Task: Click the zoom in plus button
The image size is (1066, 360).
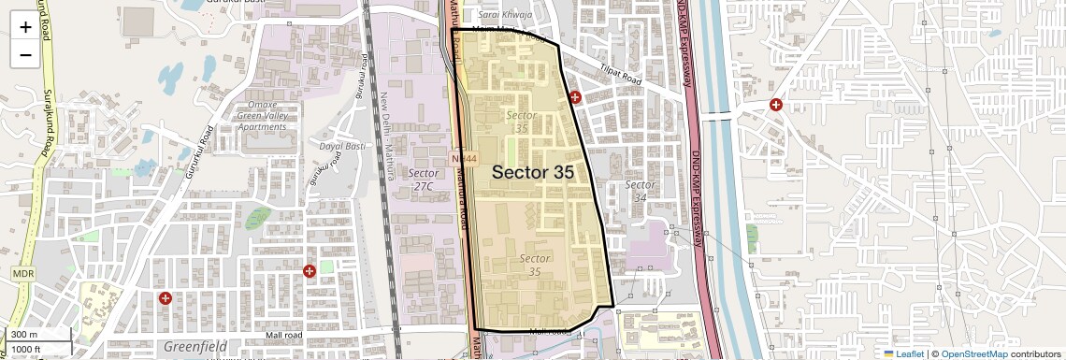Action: click(x=25, y=27)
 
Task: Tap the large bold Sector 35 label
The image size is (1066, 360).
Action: click(x=533, y=172)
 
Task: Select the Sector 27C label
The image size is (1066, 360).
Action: click(x=425, y=180)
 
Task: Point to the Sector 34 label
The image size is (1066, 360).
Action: click(x=641, y=191)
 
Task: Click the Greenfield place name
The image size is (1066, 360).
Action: click(x=194, y=347)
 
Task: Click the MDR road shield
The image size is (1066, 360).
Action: click(x=22, y=272)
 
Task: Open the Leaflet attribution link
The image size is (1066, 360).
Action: click(x=903, y=353)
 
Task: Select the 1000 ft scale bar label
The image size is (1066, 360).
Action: click(x=27, y=349)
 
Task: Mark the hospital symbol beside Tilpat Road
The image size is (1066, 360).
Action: click(x=575, y=96)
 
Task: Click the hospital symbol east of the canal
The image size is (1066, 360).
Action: click(x=775, y=105)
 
